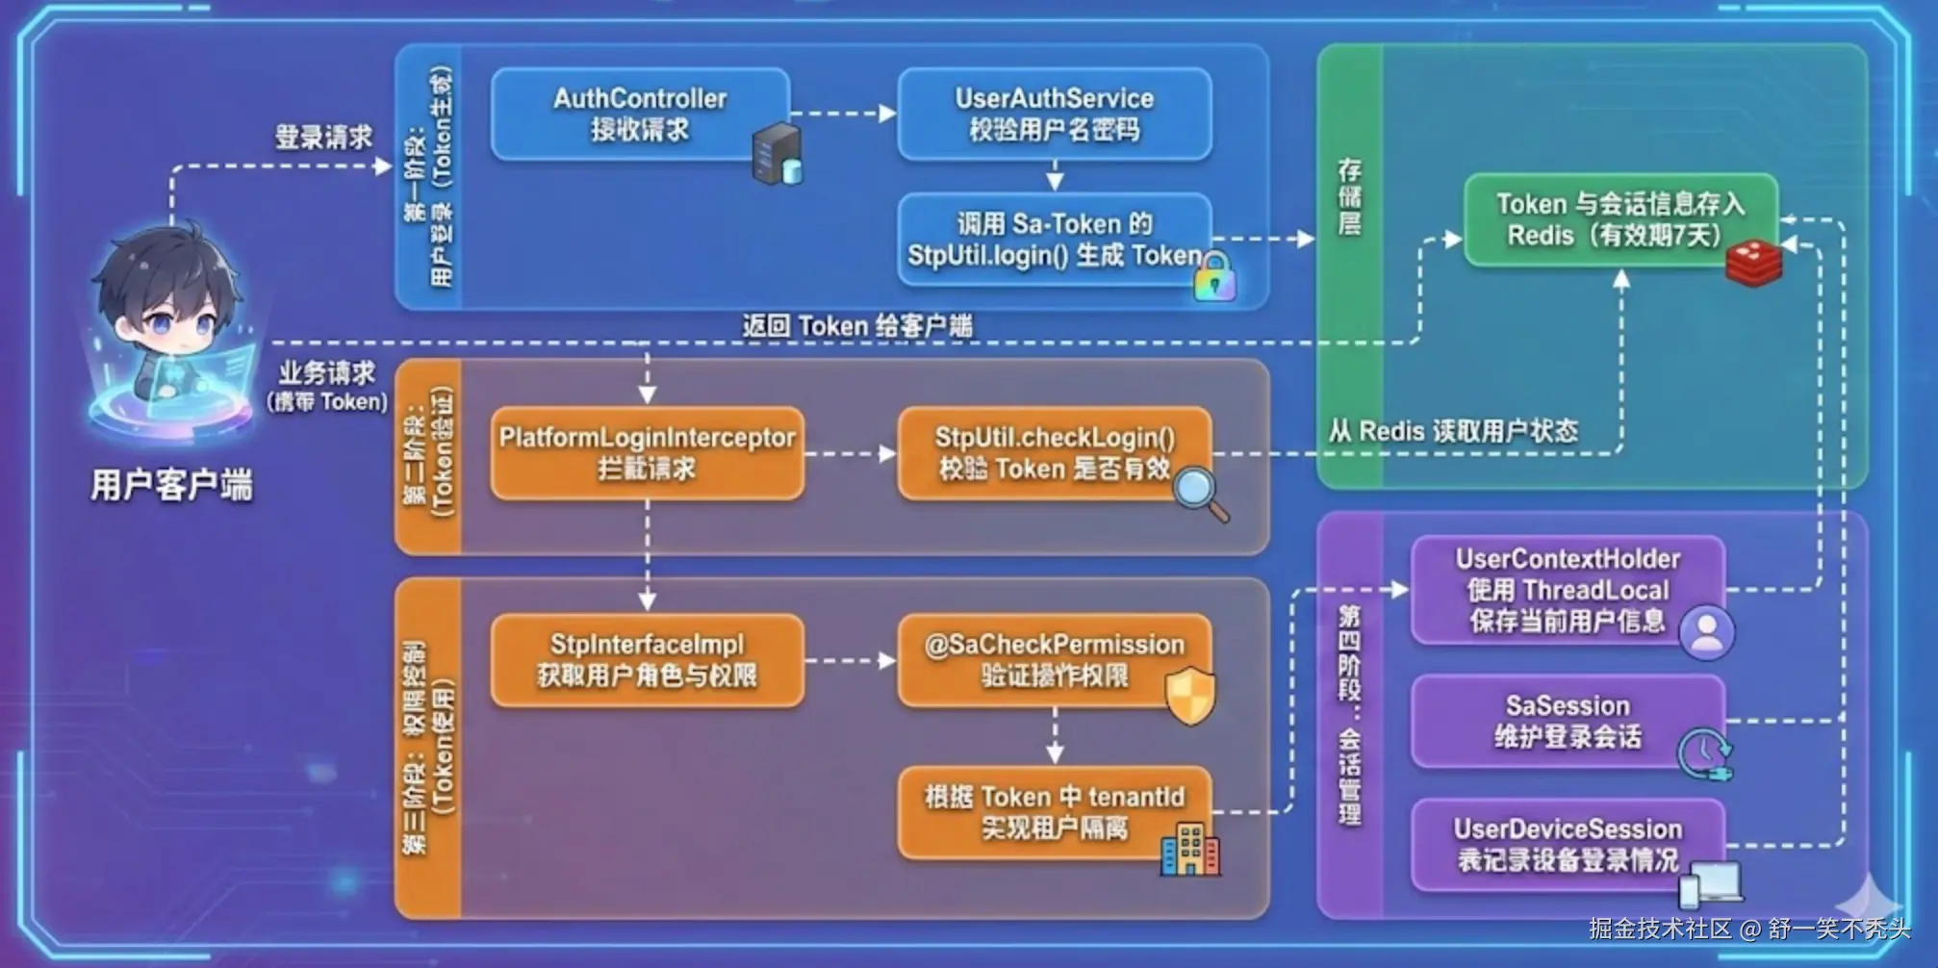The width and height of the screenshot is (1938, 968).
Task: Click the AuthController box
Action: tap(639, 114)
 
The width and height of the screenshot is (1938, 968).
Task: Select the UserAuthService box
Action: tap(1054, 114)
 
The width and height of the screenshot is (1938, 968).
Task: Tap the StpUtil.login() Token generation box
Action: tap(1054, 240)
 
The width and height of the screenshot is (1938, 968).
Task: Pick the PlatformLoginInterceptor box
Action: tap(647, 453)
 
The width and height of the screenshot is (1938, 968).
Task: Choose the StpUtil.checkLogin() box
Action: tap(1054, 453)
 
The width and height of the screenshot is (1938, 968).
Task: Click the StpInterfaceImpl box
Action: tap(647, 660)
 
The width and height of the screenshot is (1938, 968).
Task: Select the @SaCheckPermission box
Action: tap(1054, 660)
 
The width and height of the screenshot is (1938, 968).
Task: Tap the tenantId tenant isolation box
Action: tap(1054, 812)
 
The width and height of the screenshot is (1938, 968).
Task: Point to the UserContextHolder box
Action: tap(1567, 590)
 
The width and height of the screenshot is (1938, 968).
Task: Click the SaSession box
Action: tap(1567, 721)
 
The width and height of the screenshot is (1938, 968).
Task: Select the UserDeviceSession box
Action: tap(1567, 844)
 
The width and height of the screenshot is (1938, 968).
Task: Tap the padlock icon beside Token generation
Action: tap(1215, 277)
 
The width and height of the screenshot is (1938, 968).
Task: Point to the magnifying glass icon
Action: tap(1199, 492)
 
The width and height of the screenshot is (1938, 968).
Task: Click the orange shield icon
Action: tap(1190, 695)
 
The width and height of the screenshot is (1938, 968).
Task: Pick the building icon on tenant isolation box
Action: tap(1190, 850)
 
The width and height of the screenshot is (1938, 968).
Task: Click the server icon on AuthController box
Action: tap(777, 154)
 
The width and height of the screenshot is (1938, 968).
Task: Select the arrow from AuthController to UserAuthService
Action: tap(843, 114)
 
